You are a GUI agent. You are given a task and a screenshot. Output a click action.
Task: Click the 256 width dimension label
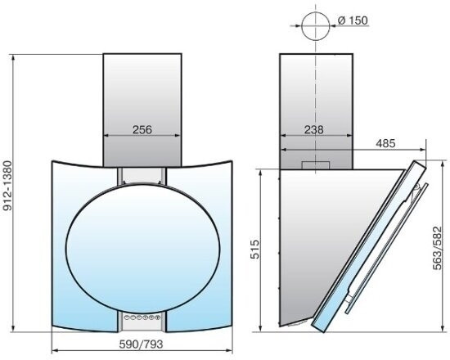pos(142,130)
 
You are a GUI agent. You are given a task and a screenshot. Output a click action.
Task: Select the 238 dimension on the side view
pos(313,130)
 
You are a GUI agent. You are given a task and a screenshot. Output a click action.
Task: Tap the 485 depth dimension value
pos(385,143)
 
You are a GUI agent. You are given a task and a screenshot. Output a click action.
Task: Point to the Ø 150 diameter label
pos(353,20)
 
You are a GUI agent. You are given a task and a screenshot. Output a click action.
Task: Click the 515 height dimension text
pos(254,250)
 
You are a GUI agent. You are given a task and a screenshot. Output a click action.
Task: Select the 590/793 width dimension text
pos(142,344)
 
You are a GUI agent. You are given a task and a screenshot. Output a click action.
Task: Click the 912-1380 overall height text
pos(7,186)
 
